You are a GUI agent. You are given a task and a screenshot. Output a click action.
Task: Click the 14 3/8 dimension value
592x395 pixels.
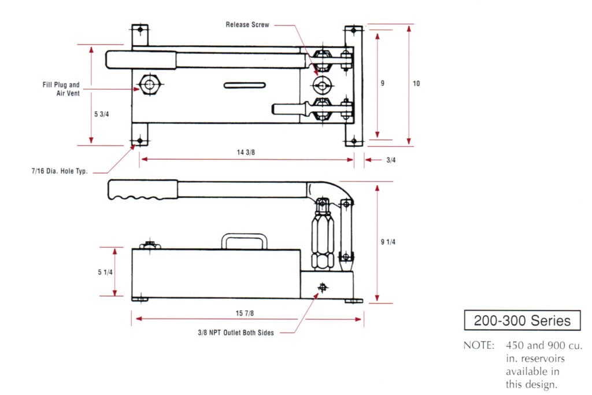246,153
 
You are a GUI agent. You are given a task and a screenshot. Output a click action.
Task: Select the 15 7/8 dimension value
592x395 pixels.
245,313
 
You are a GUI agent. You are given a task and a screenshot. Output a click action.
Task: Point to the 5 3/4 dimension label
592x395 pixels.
101,114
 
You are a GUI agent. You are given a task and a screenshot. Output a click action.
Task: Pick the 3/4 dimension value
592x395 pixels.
391,160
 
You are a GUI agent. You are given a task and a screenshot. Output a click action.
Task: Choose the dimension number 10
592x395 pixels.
416,84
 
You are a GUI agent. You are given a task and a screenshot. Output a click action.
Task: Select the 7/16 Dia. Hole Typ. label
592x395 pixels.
60,172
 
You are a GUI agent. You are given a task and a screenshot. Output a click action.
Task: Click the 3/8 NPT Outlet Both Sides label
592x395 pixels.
235,333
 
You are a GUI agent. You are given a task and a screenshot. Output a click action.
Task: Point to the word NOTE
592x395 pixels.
479,346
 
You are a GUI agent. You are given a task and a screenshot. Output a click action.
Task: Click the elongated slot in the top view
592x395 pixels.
245,86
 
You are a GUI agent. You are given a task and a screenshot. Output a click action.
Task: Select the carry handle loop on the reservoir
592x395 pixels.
243,241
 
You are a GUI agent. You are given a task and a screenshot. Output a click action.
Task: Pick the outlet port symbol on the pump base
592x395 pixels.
322,287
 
